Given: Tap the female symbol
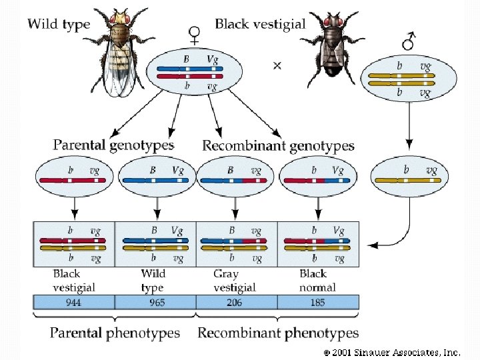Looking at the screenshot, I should click(x=195, y=34).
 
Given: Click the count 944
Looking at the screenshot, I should click(x=74, y=303).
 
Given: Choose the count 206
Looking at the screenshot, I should click(x=235, y=303).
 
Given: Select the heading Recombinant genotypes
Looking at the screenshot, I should click(x=278, y=145).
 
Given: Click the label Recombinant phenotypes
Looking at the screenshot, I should click(x=278, y=333).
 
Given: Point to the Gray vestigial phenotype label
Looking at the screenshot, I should click(x=235, y=281).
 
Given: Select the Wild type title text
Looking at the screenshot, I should click(x=59, y=25).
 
